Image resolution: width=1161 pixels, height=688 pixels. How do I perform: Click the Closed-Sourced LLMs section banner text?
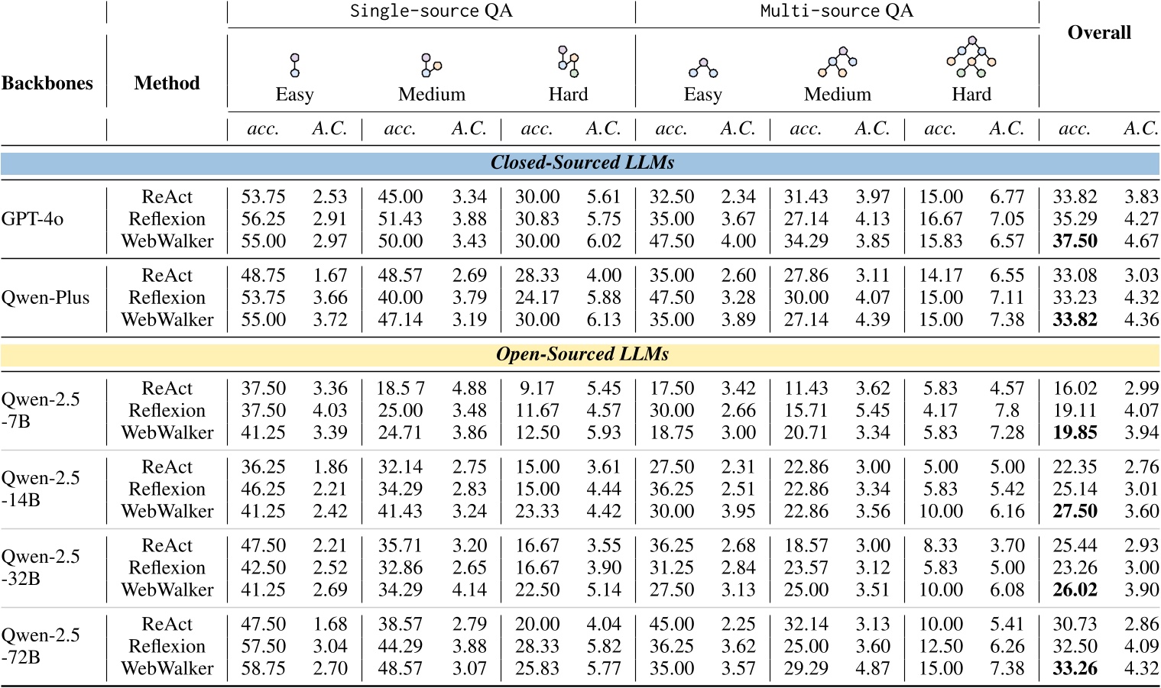pos(582,163)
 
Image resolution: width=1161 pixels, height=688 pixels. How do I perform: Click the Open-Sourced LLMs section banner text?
pos(582,355)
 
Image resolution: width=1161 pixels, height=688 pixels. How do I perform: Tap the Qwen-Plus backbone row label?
pos(45,298)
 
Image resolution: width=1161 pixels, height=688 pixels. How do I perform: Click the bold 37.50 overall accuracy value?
pos(1075,241)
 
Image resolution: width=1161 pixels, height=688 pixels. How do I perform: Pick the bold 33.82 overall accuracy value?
pos(1075,320)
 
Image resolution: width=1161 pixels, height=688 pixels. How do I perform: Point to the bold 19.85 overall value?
pos(1075,433)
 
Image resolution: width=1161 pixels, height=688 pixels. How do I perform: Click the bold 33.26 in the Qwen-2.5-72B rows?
pos(1075,669)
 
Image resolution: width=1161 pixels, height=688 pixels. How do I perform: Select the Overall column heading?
pos(1099,33)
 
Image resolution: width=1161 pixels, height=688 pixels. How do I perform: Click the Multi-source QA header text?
pos(836,11)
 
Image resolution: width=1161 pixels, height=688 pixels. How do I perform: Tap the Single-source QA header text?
pos(431,11)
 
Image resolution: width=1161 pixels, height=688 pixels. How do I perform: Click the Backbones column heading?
pos(47,83)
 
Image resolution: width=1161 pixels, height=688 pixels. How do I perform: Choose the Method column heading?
pos(167,83)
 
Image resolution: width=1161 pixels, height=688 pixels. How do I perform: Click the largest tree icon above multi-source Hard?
pos(971,57)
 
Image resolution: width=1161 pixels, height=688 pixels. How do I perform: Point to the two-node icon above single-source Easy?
pos(295,65)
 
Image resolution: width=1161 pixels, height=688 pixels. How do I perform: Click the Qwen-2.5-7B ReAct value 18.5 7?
pos(400,389)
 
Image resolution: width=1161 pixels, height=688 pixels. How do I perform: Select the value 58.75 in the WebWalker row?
pos(263,669)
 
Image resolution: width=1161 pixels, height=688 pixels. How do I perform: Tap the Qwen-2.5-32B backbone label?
pos(41,567)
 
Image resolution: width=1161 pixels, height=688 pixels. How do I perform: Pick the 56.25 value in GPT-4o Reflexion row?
pos(263,219)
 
